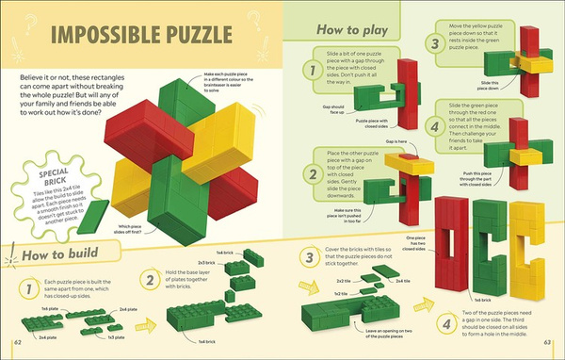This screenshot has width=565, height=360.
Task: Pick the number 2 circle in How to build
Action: tap(149, 279)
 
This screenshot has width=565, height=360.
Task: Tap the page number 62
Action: tap(16, 342)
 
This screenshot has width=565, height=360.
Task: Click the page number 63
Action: tap(548, 342)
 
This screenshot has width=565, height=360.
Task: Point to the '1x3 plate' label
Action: tap(115, 336)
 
